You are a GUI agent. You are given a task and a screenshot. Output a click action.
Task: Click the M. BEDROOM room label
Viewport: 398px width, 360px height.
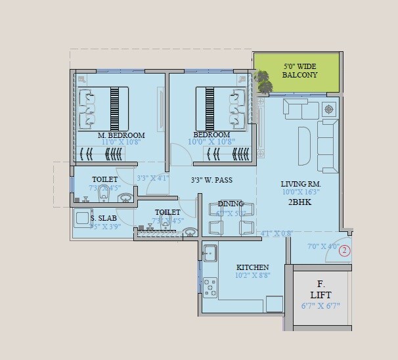point(121,135)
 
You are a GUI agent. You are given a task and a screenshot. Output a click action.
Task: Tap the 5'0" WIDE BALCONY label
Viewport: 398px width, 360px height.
point(299,71)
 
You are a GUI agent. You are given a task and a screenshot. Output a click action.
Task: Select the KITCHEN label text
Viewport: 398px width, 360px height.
point(252,267)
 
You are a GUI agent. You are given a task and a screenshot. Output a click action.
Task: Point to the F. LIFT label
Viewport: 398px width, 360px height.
point(321,290)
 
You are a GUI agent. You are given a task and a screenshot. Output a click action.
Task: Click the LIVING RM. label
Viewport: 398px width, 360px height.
point(300,184)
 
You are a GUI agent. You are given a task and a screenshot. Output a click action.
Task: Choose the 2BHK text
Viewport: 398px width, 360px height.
point(299,202)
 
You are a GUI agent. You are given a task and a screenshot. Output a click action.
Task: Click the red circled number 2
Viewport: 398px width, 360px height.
point(344,250)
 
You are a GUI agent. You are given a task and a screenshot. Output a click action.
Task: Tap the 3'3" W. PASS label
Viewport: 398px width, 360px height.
point(211,179)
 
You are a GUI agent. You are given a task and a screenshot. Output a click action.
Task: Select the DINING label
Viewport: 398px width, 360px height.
point(231,204)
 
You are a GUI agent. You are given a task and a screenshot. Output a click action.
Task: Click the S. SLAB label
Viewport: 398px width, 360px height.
point(104,218)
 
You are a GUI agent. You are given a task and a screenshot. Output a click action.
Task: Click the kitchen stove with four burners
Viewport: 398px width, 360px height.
point(210,286)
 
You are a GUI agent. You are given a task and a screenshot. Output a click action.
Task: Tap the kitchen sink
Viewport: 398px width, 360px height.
point(210,253)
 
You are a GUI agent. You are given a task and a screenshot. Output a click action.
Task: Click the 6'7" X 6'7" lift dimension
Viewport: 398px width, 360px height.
point(321,305)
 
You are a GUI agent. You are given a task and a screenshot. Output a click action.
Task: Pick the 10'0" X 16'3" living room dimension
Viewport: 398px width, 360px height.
point(300,192)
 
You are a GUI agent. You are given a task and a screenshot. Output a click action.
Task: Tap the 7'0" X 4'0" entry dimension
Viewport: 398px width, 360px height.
point(322,247)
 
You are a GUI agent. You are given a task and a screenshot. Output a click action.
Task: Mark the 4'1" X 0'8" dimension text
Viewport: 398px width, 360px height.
point(275,233)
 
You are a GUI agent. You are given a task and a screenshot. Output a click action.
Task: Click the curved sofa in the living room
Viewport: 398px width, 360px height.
point(304,145)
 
